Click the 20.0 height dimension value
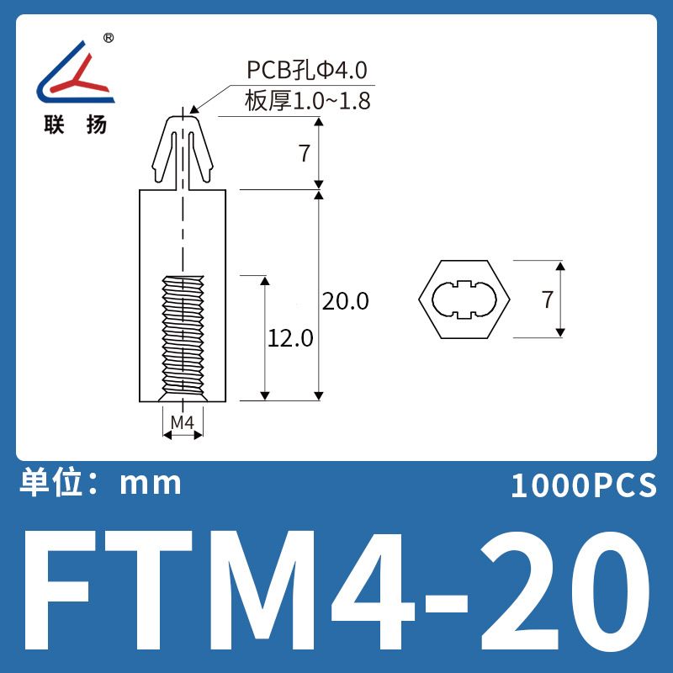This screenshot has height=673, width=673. click(x=345, y=301)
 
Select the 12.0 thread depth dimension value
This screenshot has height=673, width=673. click(x=290, y=338)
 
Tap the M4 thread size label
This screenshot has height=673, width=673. click(x=183, y=423)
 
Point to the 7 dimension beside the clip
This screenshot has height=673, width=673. click(x=305, y=153)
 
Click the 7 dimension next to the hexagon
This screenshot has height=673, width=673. click(x=548, y=299)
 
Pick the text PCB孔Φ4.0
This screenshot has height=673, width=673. click(x=306, y=70)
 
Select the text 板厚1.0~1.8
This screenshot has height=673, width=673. click(x=307, y=101)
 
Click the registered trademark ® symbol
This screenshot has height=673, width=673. click(x=109, y=38)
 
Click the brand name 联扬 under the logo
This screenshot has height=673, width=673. click(x=75, y=125)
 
